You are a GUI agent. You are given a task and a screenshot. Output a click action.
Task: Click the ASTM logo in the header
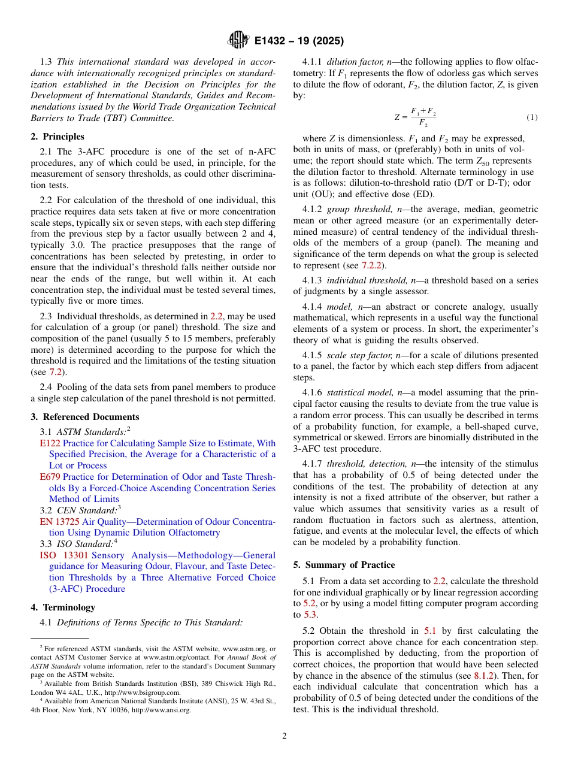click(239, 41)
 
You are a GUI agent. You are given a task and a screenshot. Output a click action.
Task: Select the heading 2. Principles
click(57, 137)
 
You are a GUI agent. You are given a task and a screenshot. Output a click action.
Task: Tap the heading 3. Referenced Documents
click(84, 417)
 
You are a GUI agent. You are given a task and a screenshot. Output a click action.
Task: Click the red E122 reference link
click(50, 443)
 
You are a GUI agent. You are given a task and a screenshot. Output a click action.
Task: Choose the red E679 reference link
click(50, 477)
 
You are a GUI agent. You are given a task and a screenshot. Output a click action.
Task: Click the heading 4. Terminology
click(63, 607)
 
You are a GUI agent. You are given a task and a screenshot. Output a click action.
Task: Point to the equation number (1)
click(531, 117)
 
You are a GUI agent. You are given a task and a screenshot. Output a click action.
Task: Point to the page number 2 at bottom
click(284, 736)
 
